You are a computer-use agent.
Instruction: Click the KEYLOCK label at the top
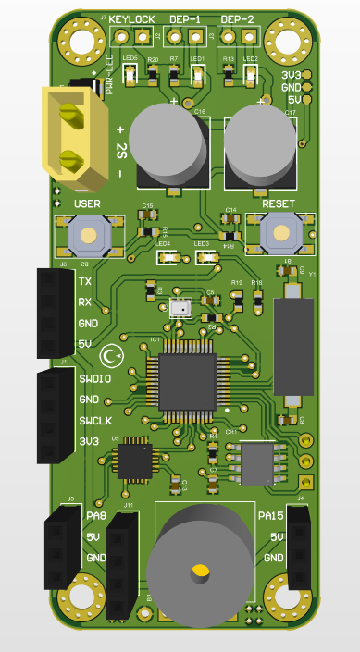tap(131, 19)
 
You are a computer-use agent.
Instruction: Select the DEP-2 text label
tap(238, 19)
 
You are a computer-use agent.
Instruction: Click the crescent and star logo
tap(113, 355)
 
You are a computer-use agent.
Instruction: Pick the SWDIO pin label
tap(94, 379)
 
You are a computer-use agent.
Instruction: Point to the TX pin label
tap(85, 282)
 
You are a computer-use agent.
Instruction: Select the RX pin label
tap(85, 302)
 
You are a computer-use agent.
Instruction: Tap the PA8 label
tap(96, 515)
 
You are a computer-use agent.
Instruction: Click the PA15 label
tap(270, 515)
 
